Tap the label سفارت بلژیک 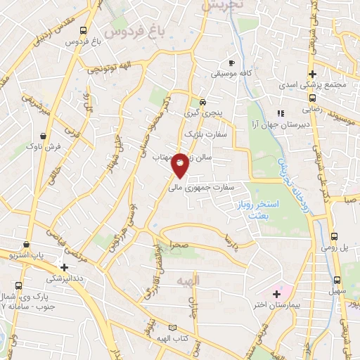click(201, 133)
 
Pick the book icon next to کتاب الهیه click(174, 328)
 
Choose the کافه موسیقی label click(234, 73)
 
